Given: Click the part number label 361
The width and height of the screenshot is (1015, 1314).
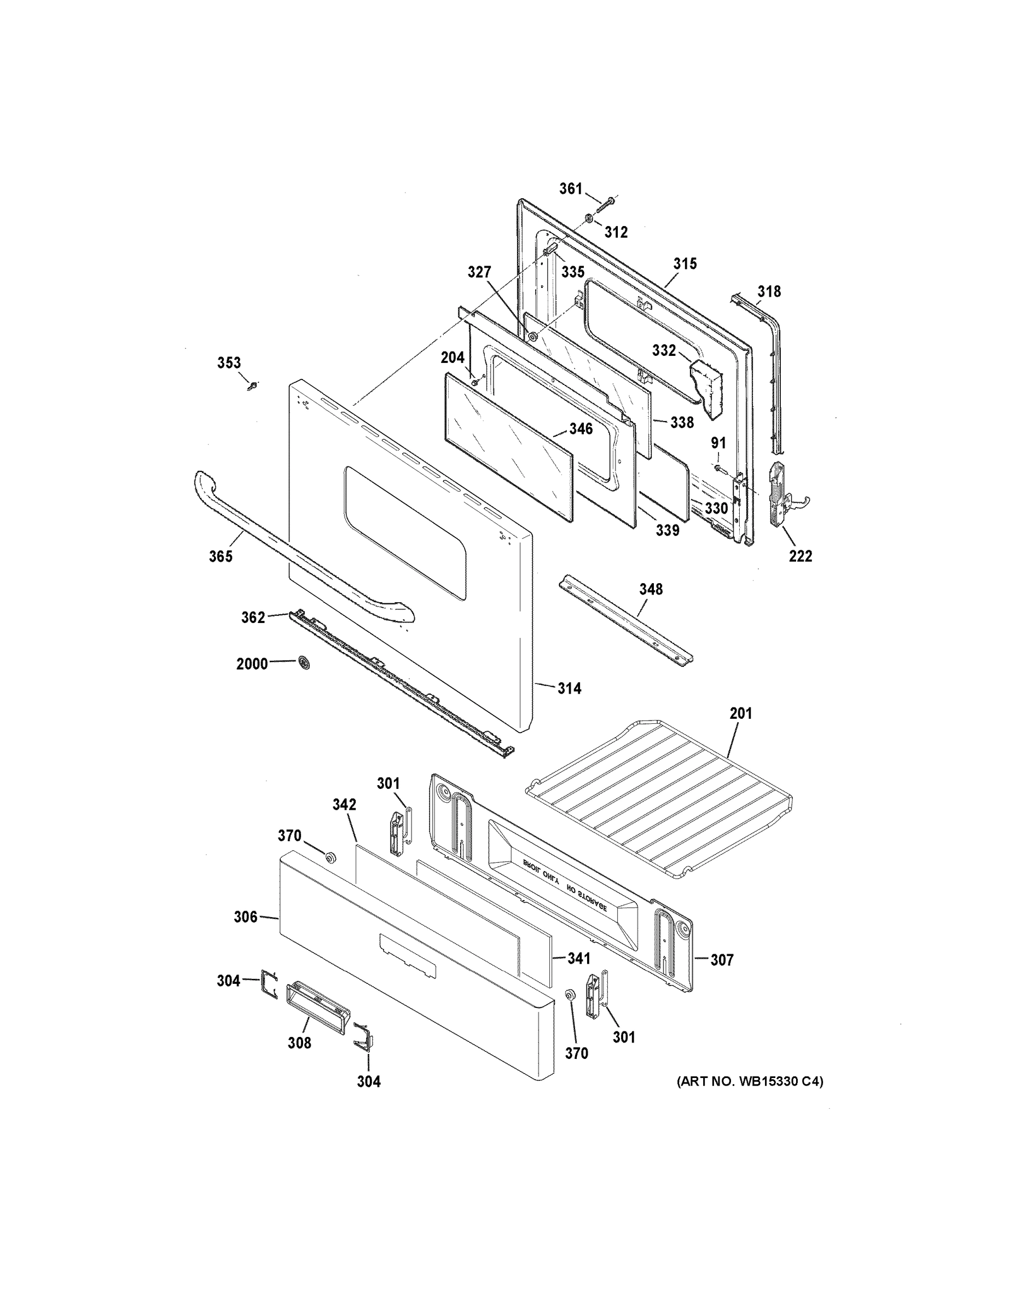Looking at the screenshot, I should point(571,189).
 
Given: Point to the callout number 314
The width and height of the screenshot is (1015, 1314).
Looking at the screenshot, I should point(569,688).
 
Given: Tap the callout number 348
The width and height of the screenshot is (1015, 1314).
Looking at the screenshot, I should point(651,589).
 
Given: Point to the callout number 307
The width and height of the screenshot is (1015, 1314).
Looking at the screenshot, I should point(722,960).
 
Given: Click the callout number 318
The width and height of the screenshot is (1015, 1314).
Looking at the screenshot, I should point(768,292).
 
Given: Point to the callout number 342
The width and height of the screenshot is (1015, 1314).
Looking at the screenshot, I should point(345,804).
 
